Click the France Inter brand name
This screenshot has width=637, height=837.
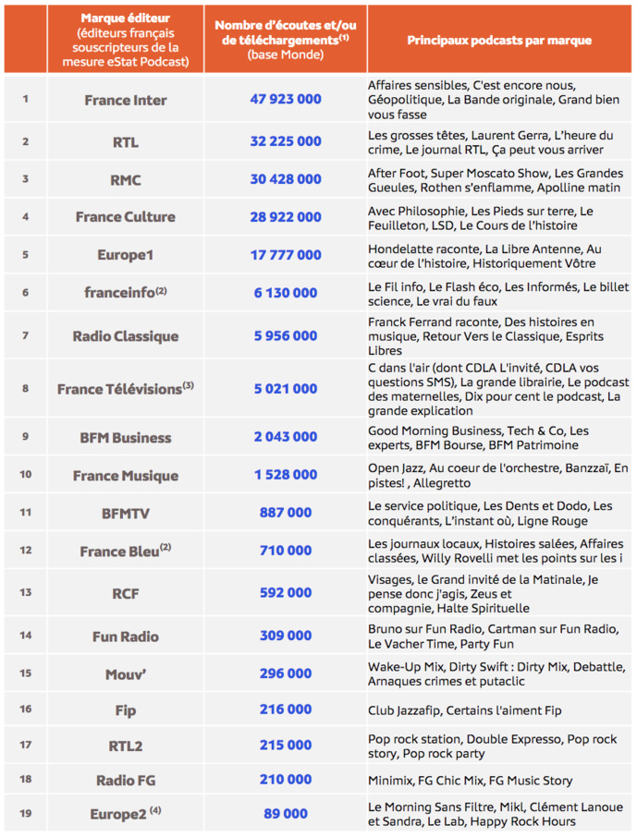125,100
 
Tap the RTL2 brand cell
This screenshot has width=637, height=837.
125,746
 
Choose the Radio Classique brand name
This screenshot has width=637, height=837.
125,336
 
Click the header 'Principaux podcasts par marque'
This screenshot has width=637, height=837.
499,41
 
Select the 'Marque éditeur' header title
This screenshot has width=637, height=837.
125,18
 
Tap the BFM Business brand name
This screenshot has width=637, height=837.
125,438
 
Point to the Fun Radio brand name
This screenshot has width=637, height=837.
125,637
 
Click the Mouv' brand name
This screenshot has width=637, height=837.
125,674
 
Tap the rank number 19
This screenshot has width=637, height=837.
25,813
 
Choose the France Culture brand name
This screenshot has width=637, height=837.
125,217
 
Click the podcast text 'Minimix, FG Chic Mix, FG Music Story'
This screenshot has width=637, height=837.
470,781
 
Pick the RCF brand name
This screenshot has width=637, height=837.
125,592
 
